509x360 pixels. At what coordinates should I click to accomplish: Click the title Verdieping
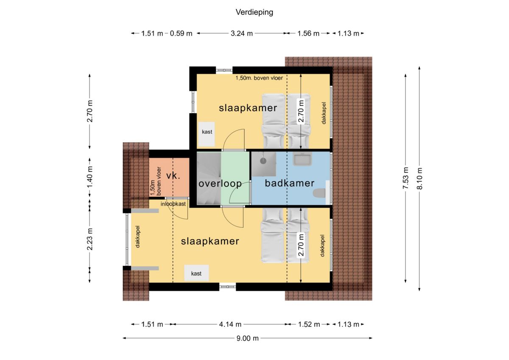coord(254,12)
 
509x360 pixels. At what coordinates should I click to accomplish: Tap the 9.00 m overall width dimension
coord(247,338)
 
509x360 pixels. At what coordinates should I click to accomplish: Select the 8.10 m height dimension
coord(420,179)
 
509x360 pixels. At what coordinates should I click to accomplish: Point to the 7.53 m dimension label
coord(406,178)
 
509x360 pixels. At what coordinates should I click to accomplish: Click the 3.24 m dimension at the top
coord(242,33)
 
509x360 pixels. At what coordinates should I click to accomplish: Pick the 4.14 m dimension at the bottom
coord(230,324)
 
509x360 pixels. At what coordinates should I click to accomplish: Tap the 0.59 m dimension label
coord(181,33)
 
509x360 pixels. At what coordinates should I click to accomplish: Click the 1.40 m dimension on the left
coord(90,177)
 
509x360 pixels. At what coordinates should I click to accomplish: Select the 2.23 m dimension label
coord(90,239)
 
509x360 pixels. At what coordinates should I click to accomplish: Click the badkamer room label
coord(289,183)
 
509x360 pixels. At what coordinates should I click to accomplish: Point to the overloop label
coord(220,184)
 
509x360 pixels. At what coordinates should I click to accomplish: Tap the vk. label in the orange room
coord(173,176)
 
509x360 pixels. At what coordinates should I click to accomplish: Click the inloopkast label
coord(173,204)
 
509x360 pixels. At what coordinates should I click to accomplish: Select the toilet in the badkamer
coord(319,193)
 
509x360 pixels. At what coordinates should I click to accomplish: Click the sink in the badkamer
coord(302,159)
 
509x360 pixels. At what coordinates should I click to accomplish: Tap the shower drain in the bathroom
coord(263,161)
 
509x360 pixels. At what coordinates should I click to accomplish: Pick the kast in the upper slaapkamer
coord(207,134)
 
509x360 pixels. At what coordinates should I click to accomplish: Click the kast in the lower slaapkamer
coord(196,273)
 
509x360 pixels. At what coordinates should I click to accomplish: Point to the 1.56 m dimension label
coord(308,33)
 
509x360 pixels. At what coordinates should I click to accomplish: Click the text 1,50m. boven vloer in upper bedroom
coord(259,78)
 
